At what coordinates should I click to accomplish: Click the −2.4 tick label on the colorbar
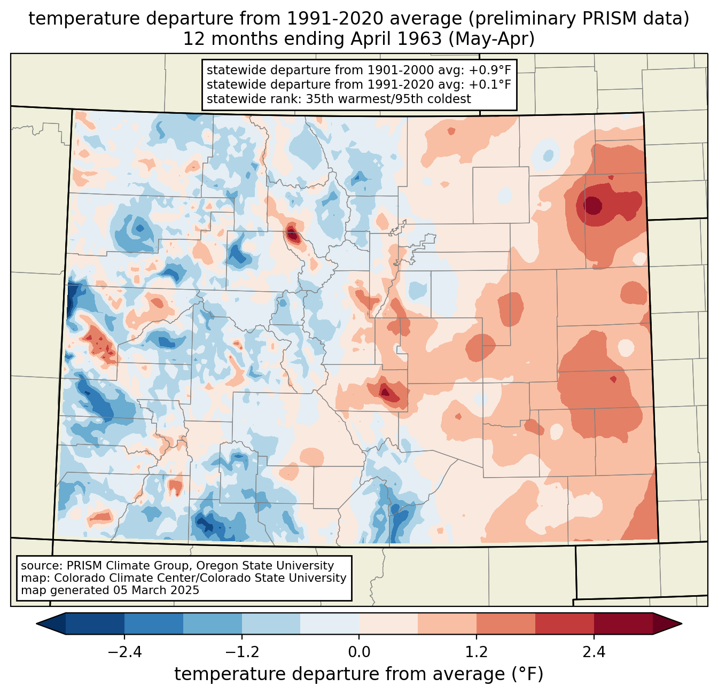[x=124, y=652]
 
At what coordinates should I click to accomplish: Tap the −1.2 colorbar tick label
[x=242, y=652]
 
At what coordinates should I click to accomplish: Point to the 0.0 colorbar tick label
[x=359, y=652]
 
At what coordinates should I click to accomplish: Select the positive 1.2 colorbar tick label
[x=477, y=652]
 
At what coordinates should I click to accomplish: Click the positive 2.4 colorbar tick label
[x=594, y=652]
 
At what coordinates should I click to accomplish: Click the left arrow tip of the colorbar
[x=36, y=624]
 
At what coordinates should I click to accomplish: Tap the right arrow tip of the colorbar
[x=682, y=624]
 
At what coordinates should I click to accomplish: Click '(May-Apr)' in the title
[x=491, y=39]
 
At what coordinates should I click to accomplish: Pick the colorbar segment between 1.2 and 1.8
[x=506, y=624]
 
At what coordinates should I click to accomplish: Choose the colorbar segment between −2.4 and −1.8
[x=153, y=624]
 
